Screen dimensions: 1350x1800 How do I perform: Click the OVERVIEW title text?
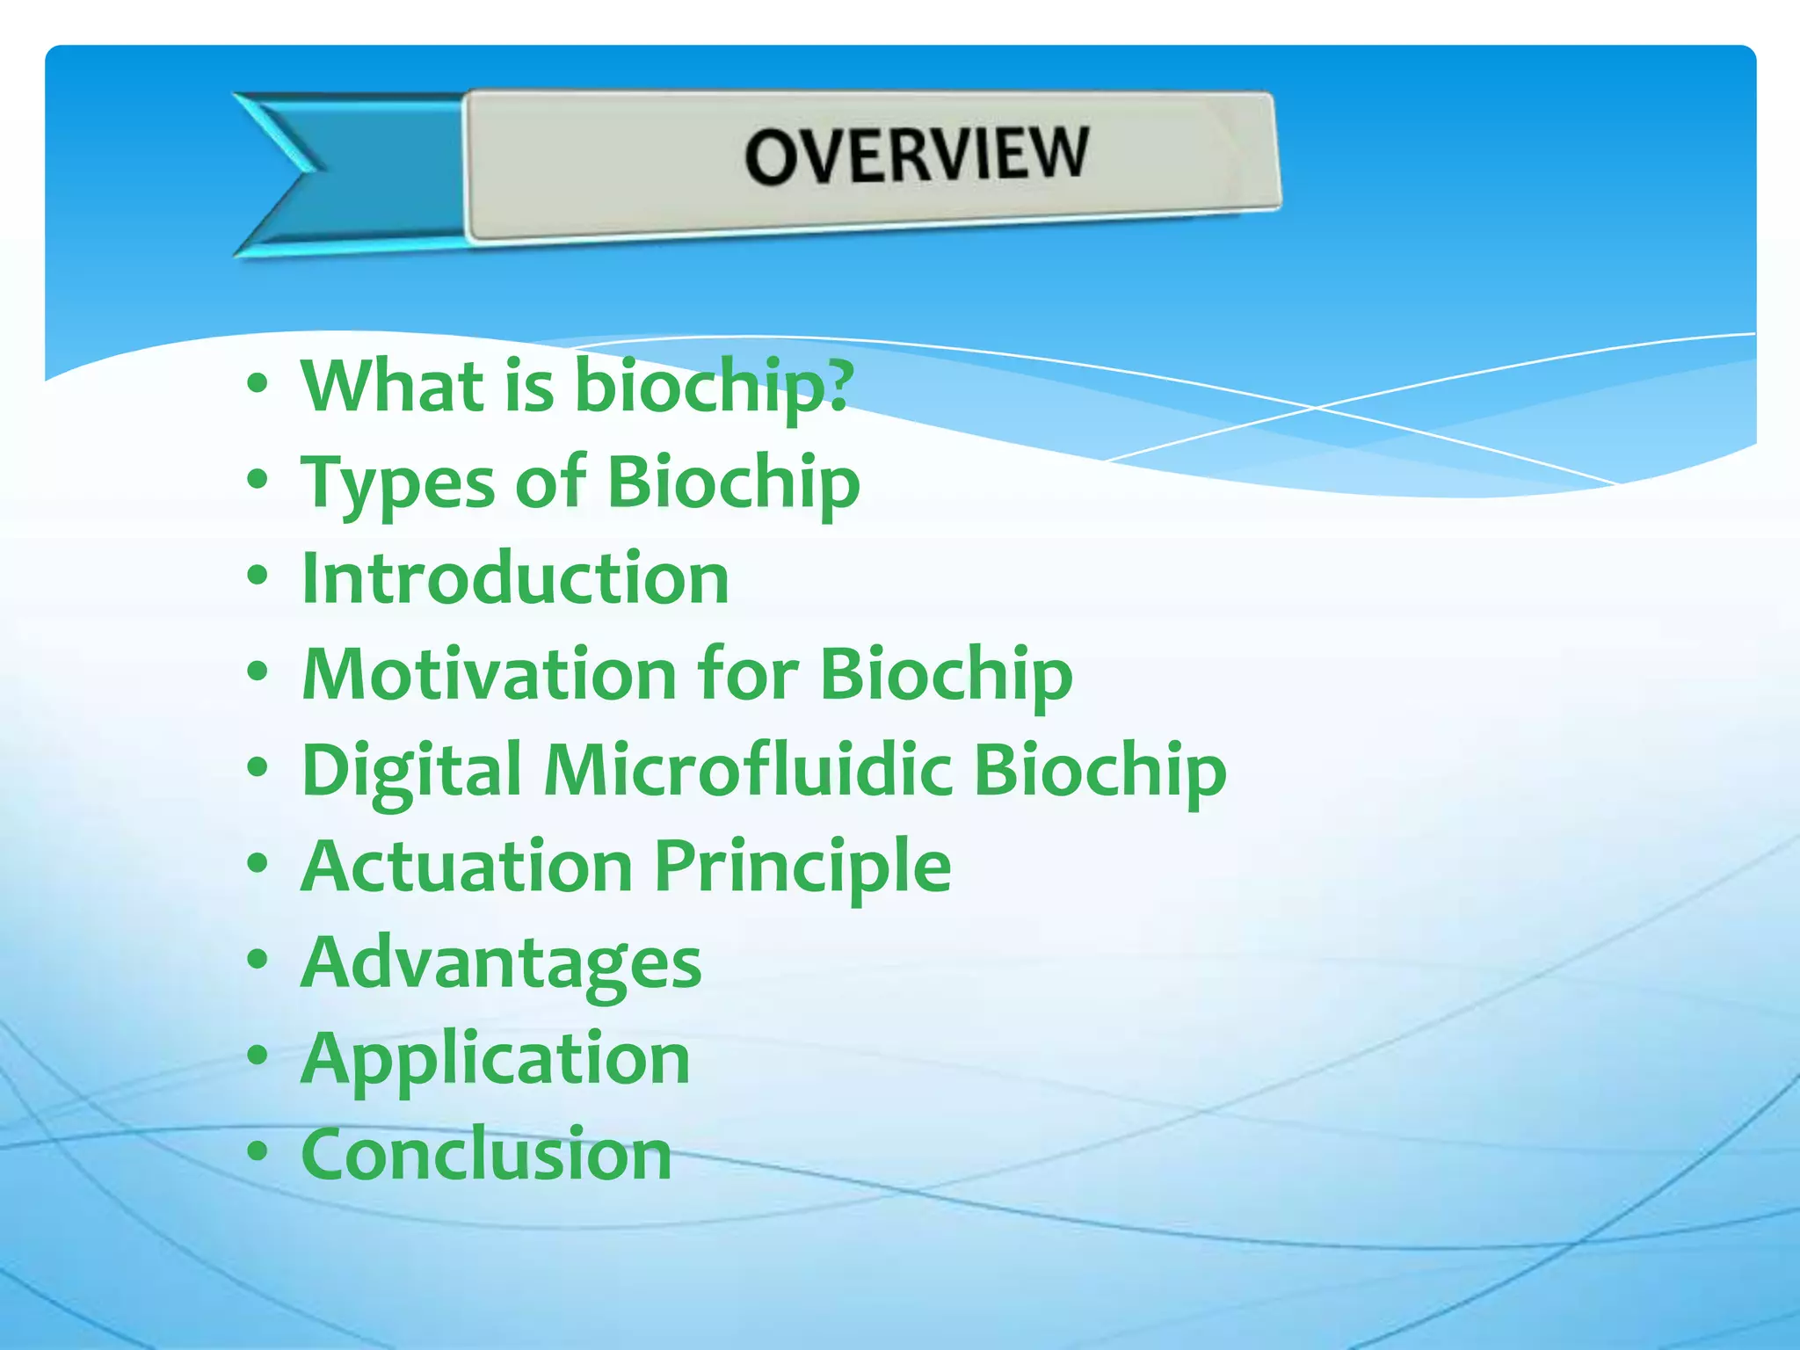pos(916,155)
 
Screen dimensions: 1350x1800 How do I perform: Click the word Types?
pos(397,483)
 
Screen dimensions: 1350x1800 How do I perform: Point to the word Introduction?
pos(515,578)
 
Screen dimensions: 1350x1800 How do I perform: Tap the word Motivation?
pos(489,674)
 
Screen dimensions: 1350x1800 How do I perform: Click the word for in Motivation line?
pos(747,674)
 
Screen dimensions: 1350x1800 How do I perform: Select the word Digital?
pos(411,770)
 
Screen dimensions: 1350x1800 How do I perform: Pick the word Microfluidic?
pos(747,770)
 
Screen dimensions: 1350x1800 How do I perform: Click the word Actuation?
pos(466,866)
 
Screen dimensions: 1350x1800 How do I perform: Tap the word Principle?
pos(802,866)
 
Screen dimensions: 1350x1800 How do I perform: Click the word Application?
pos(496,1058)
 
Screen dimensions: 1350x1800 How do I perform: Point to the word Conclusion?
pos(486,1153)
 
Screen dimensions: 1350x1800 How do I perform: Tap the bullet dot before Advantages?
pos(257,960)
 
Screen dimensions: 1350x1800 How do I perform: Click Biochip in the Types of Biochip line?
pos(733,483)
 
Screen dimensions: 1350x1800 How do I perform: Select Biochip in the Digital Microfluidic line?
pos(1100,770)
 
